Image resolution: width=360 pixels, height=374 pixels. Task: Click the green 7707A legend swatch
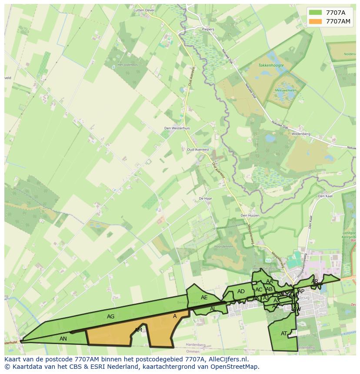pyautogui.click(x=316, y=13)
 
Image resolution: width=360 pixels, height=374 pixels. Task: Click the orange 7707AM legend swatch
pyautogui.click(x=316, y=21)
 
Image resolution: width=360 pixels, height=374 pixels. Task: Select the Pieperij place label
pyautogui.click(x=209, y=30)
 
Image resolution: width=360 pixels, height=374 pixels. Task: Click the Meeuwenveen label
pyautogui.click(x=285, y=90)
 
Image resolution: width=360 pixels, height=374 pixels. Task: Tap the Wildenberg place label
pyautogui.click(x=300, y=134)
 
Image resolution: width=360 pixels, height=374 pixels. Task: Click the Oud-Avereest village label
pyautogui.click(x=198, y=149)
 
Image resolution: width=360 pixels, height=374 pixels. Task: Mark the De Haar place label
pyautogui.click(x=205, y=198)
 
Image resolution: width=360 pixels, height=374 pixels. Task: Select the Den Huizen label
pyautogui.click(x=250, y=215)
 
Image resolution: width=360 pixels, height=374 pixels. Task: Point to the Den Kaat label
pyautogui.click(x=325, y=196)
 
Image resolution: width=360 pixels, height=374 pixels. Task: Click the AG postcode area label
pyautogui.click(x=110, y=317)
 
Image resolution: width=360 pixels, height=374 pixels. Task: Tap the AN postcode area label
pyautogui.click(x=63, y=339)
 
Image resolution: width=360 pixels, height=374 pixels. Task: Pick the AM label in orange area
pyautogui.click(x=138, y=330)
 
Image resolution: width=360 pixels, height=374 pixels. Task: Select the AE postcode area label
pyautogui.click(x=204, y=298)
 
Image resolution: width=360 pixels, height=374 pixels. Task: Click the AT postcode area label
pyautogui.click(x=284, y=334)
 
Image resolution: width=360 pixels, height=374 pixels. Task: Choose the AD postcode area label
pyautogui.click(x=241, y=291)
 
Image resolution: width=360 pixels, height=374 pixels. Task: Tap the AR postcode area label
pyautogui.click(x=315, y=281)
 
